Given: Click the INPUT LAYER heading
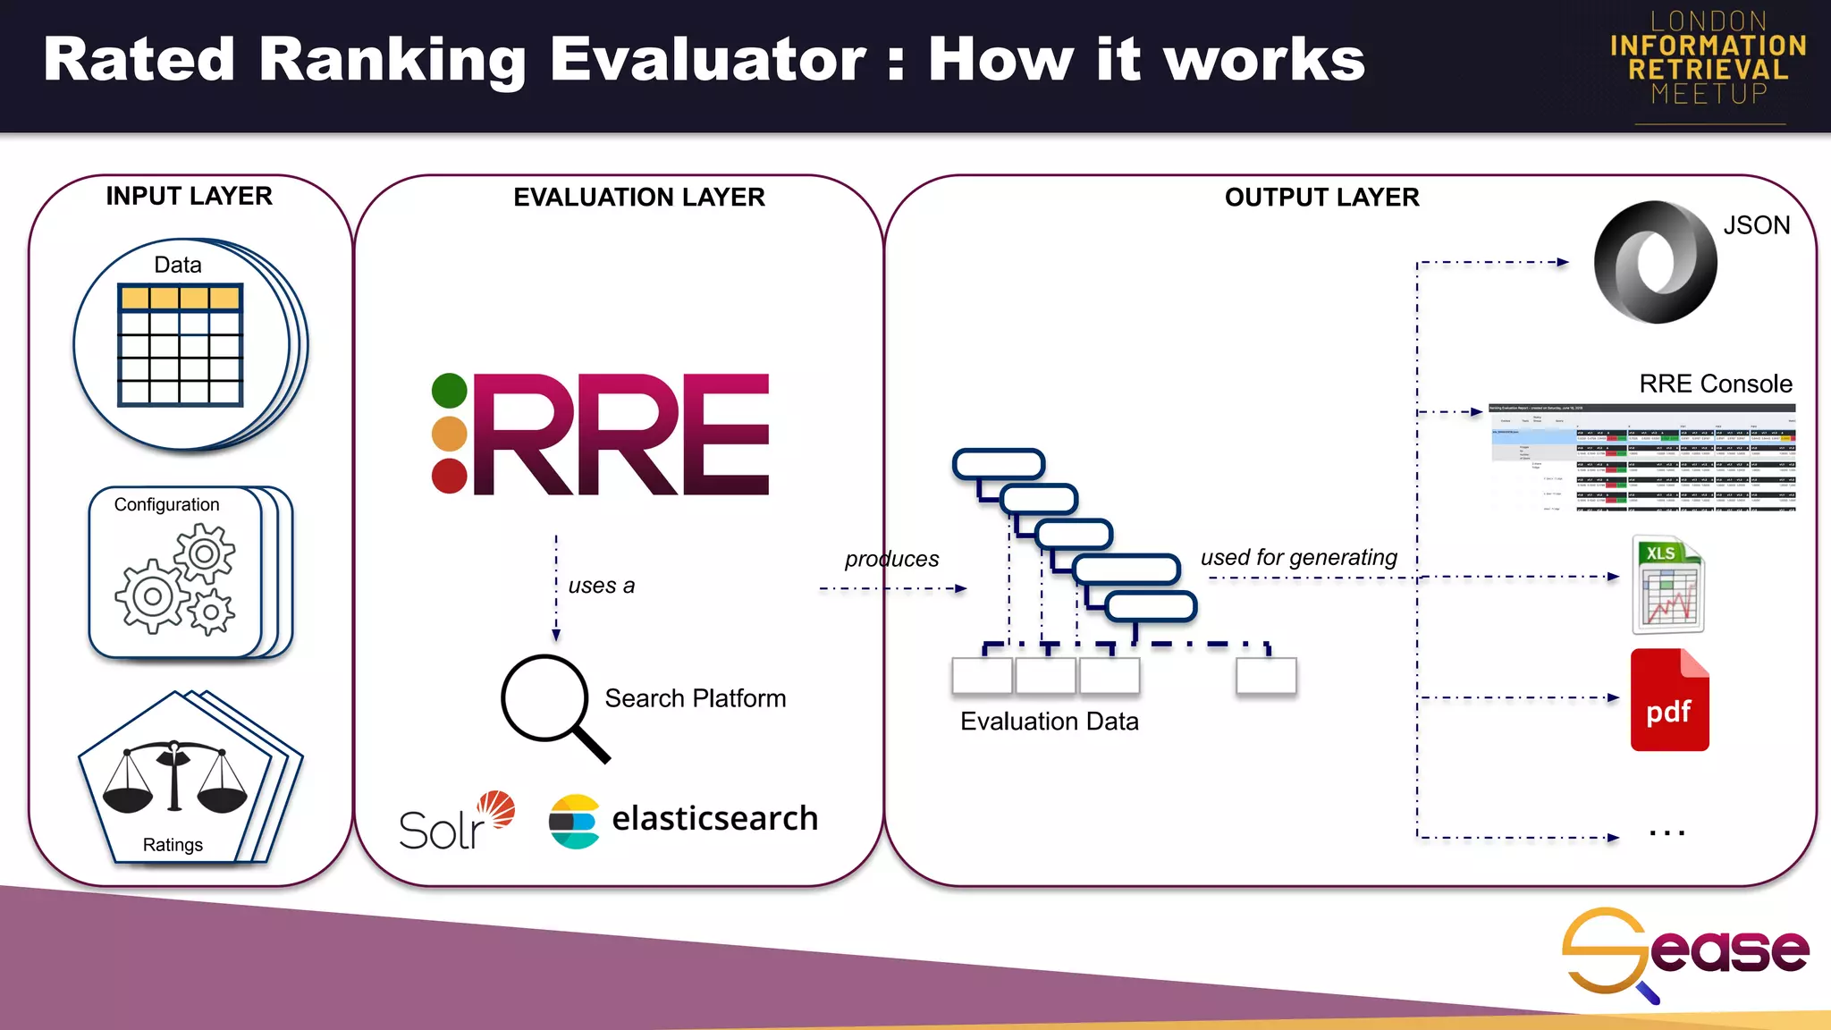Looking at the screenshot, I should (x=189, y=196).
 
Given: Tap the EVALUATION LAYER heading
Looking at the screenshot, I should (x=638, y=197).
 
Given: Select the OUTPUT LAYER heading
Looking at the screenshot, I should (x=1321, y=197).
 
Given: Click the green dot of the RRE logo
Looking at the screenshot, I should (x=449, y=391).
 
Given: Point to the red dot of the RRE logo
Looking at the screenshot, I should (x=449, y=476).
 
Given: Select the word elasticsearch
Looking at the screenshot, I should (x=714, y=818).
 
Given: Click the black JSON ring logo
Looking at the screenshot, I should (x=1655, y=262).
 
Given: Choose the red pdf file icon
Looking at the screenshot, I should (x=1669, y=700).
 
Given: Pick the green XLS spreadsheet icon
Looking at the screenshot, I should (x=1667, y=585).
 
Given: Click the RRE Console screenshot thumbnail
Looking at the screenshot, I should (x=1641, y=457).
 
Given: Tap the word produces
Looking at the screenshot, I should (x=891, y=559).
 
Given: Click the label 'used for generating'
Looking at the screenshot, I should (x=1298, y=557).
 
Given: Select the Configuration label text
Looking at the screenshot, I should (x=166, y=504).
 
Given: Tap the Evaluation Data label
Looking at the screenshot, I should (x=1049, y=722).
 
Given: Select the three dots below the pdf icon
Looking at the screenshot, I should (x=1666, y=832).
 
